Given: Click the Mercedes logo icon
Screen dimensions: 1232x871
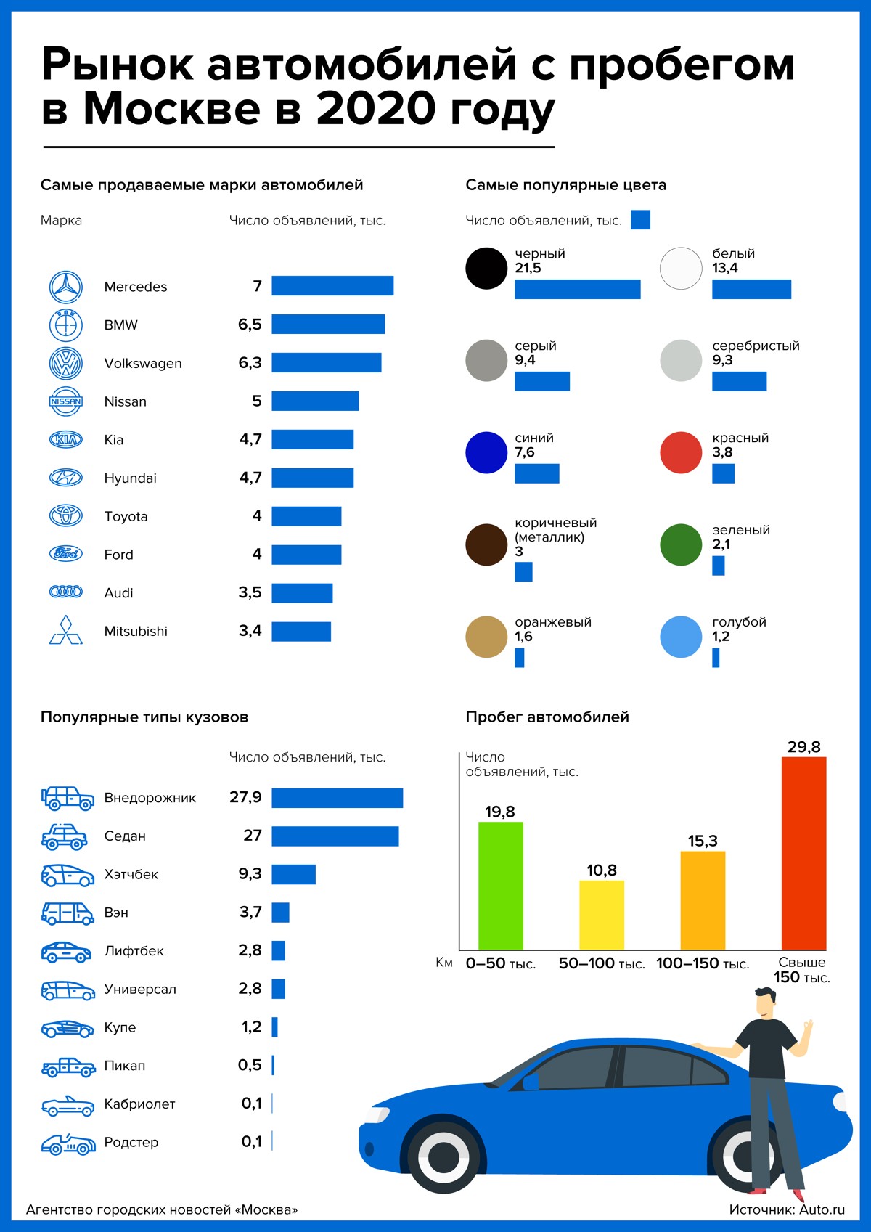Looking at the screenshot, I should (x=66, y=287).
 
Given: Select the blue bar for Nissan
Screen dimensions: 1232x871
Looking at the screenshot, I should (x=315, y=401).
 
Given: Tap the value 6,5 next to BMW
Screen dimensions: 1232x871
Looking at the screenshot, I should (x=250, y=325).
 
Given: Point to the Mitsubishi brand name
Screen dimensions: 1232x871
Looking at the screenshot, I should (x=136, y=632).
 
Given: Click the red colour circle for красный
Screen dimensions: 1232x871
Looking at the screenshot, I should (x=681, y=453).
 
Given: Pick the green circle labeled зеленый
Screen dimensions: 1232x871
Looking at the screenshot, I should (x=681, y=544).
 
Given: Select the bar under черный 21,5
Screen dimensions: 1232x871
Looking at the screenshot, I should (x=577, y=289).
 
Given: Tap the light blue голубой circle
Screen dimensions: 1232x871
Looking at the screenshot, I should (x=681, y=637).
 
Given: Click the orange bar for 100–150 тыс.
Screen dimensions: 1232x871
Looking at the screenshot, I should (x=703, y=900).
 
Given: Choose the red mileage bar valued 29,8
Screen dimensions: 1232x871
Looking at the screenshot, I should (x=803, y=853).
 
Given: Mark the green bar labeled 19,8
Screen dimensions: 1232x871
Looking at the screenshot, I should (x=501, y=886).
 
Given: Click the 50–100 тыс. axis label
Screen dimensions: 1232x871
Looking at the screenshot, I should (x=602, y=964).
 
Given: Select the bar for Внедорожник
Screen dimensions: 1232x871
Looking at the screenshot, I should (x=337, y=798).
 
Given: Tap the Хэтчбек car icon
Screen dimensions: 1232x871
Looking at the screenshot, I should (x=68, y=875).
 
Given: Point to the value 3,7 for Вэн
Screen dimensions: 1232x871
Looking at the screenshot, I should (x=250, y=913).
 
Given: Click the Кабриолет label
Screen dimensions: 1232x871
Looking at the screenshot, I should (x=140, y=1104).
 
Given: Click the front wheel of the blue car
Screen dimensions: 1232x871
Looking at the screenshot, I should (x=443, y=1156).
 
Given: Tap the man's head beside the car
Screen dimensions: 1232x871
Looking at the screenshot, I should (x=765, y=1003).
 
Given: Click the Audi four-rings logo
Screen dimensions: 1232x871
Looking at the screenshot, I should (x=66, y=592).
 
